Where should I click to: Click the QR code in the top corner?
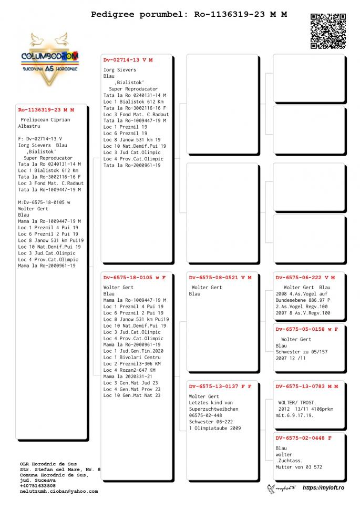328,31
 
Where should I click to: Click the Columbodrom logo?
50,58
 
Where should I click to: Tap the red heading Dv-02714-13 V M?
128,60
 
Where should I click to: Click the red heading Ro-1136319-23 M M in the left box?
46,110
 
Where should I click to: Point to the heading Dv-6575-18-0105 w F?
135,277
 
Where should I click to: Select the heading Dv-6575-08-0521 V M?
220,277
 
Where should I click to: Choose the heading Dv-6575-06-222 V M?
305,277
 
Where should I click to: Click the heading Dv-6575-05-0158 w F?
307,329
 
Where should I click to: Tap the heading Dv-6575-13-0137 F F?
220,386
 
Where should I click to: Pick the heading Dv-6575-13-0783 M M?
307,386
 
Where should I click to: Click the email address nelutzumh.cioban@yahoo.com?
59,491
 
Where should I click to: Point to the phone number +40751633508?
38,485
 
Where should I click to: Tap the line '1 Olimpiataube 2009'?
215,428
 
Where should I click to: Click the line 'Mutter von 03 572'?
299,467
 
